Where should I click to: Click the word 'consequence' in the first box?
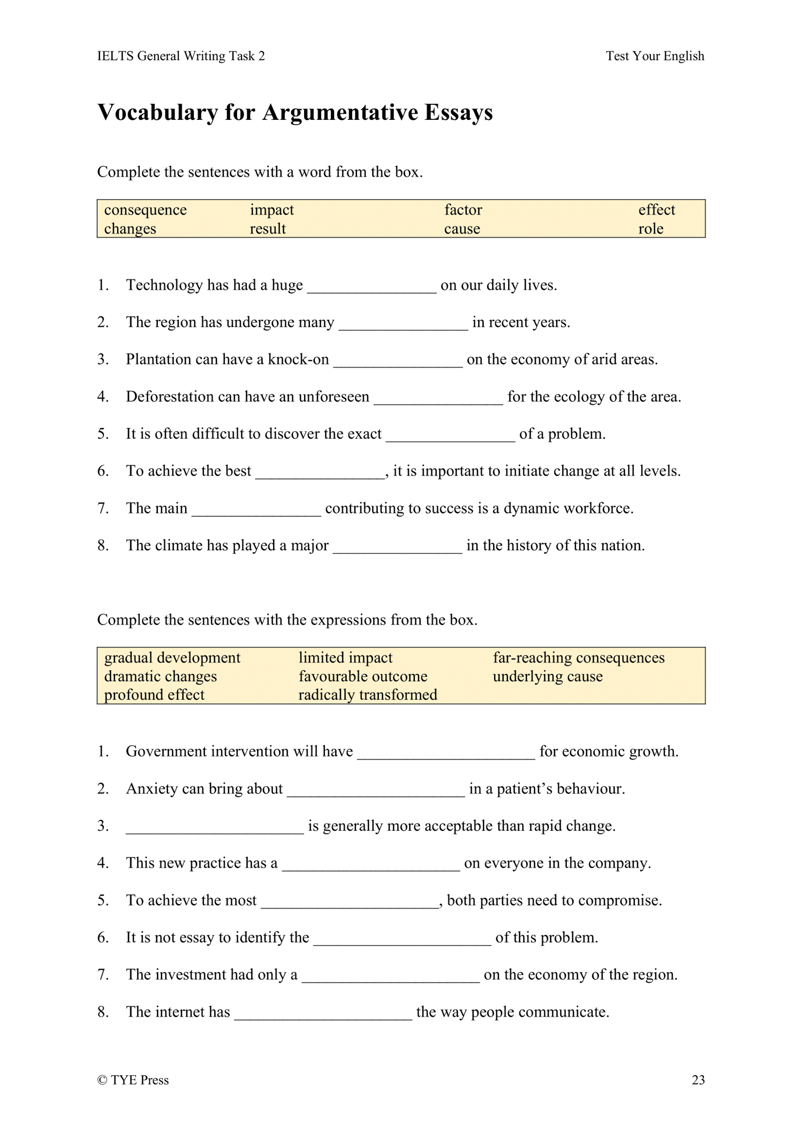[x=145, y=210]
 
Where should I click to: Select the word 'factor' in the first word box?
[x=463, y=210]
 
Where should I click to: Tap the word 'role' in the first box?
[x=650, y=229]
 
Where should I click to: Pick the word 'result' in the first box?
[x=268, y=229]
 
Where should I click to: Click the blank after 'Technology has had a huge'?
[x=372, y=287]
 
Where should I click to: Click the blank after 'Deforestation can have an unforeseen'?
[x=438, y=398]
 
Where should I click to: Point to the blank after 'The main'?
[x=256, y=510]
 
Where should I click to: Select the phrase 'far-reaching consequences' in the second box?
[x=579, y=658]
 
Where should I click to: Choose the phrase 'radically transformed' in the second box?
[x=368, y=695]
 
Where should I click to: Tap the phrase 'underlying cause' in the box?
[x=548, y=677]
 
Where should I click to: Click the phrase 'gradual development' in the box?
[x=172, y=658]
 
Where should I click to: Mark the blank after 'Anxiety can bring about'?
[x=376, y=791]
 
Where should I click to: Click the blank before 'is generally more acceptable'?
[x=215, y=827]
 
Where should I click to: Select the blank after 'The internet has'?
[x=323, y=1014]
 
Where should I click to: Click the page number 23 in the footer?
[x=698, y=1080]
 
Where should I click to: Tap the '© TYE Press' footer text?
[x=133, y=1080]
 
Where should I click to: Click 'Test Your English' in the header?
[x=655, y=56]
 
